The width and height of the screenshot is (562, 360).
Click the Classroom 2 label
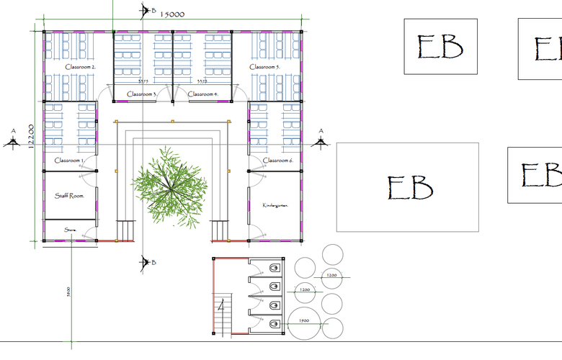click(x=81, y=67)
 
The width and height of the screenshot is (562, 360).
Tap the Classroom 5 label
click(x=264, y=67)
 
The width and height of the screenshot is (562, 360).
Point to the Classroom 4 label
click(x=202, y=94)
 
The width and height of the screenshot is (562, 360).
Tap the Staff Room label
click(x=70, y=195)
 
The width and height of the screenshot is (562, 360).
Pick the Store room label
click(x=70, y=230)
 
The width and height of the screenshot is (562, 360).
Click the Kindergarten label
click(x=275, y=205)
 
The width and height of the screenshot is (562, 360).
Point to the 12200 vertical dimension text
click(x=31, y=135)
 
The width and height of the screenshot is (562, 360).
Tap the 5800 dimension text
click(x=68, y=292)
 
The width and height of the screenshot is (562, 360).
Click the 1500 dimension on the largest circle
click(x=303, y=320)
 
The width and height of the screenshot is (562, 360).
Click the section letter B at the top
click(x=153, y=10)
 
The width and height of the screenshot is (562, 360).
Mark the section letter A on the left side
click(x=12, y=131)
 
